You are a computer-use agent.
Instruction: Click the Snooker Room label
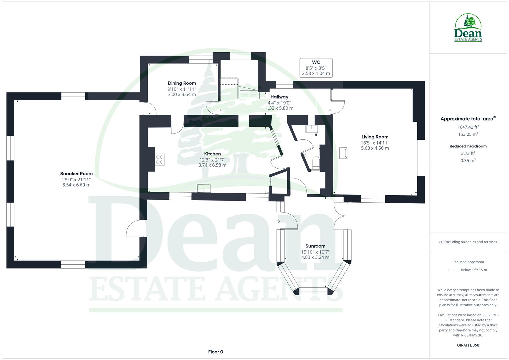(x=76, y=174)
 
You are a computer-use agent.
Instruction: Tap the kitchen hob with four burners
(x=160, y=159)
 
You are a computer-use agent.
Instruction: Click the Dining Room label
(x=182, y=83)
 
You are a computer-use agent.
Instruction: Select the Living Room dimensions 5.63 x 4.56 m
(x=375, y=148)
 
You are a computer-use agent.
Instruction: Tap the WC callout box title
(x=316, y=62)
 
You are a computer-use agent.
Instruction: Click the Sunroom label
(x=315, y=246)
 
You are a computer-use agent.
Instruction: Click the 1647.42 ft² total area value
(x=468, y=127)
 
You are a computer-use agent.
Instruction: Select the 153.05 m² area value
(x=468, y=134)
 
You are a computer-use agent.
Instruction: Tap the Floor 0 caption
(x=215, y=352)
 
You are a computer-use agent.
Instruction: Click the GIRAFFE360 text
(x=468, y=345)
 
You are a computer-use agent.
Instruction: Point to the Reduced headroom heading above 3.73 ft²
(x=468, y=146)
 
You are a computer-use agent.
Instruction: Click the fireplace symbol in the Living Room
(x=343, y=153)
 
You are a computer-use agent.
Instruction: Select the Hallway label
(x=279, y=97)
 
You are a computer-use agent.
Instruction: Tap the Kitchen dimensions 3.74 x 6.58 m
(x=212, y=165)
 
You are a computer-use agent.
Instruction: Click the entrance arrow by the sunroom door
(x=278, y=221)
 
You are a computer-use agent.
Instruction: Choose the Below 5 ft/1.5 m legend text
(x=474, y=270)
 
